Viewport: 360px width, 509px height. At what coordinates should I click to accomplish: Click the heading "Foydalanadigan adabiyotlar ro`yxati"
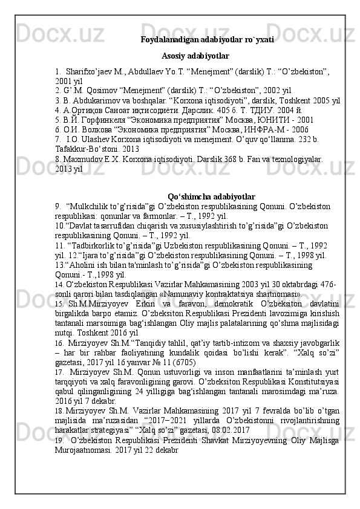pyautogui.click(x=207, y=40)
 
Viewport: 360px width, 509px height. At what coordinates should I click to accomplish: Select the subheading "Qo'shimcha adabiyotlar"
pyautogui.click(x=211, y=197)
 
